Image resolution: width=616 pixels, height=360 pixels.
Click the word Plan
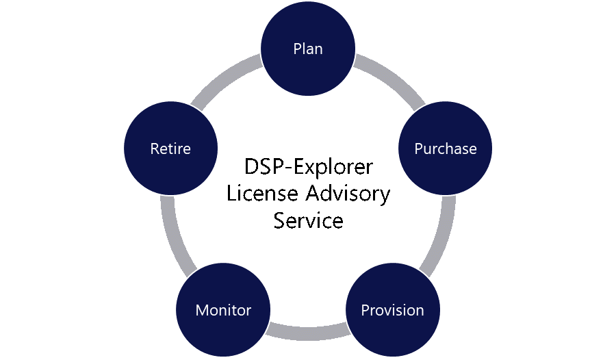pyautogui.click(x=308, y=49)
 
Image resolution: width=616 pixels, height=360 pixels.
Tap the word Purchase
pyautogui.click(x=445, y=149)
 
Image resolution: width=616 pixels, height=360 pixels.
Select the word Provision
pyautogui.click(x=392, y=310)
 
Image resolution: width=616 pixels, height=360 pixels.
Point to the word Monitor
pyautogui.click(x=223, y=310)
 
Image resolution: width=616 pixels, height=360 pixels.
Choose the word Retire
pyautogui.click(x=170, y=149)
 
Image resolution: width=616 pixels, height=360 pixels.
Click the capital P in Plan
pyautogui.click(x=297, y=49)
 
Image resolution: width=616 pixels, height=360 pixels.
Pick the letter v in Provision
pyautogui.click(x=384, y=311)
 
